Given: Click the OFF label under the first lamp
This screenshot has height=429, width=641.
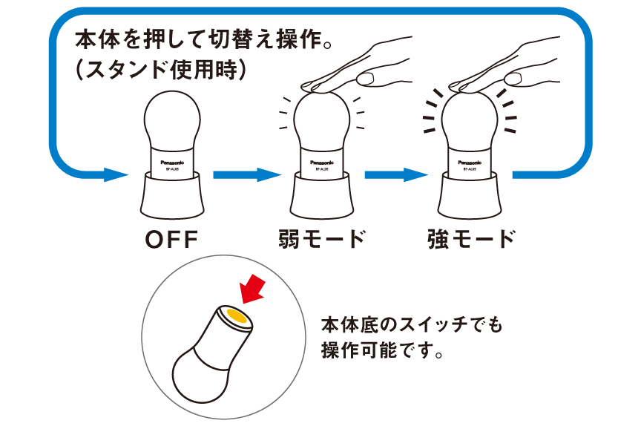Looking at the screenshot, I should (173, 240).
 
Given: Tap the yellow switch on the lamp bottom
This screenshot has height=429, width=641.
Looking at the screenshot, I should (237, 317).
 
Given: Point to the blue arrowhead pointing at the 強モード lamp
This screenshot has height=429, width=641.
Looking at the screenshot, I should (417, 176).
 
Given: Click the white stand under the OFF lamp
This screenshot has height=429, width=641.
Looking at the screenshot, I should (173, 196).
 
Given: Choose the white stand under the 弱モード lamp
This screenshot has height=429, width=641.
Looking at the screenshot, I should (322, 196).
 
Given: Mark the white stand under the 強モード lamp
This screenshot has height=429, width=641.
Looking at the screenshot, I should (470, 196).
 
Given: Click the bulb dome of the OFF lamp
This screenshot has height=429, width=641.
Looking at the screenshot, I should (173, 119).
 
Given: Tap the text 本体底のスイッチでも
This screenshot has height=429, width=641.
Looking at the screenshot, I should (412, 324).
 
